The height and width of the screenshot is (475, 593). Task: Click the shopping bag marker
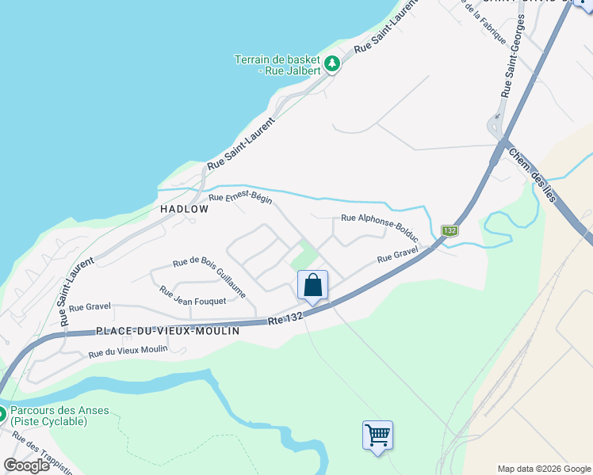tap(312, 285)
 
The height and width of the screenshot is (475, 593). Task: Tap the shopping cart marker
tap(377, 435)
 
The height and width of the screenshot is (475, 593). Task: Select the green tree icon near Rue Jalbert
tap(332, 63)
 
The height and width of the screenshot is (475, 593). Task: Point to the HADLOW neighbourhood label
tap(184, 209)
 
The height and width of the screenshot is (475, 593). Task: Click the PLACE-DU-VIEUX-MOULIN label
tap(155, 330)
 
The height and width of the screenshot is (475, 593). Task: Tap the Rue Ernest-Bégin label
tap(240, 198)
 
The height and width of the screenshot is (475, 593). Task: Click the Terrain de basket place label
tap(277, 65)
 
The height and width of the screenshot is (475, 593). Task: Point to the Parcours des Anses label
tap(59, 416)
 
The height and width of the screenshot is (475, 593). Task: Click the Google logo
tap(27, 465)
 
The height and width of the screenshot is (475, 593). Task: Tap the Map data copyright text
tap(543, 469)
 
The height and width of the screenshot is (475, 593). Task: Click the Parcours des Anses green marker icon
tap(2, 413)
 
